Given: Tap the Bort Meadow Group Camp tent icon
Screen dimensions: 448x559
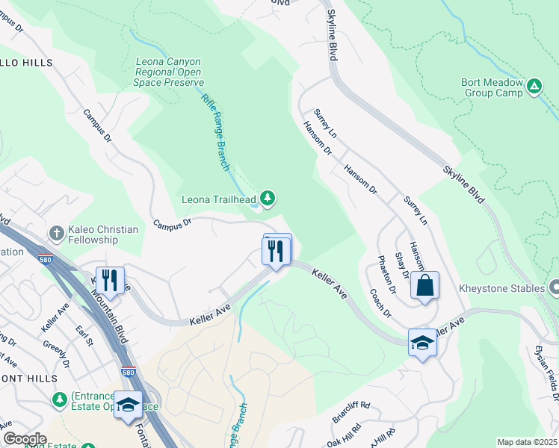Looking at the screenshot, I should click(x=534, y=87).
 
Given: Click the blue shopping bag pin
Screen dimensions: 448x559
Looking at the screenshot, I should click(x=424, y=286).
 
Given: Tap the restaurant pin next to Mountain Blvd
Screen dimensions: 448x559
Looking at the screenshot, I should click(x=110, y=281).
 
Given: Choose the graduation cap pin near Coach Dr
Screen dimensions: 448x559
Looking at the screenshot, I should click(x=422, y=343).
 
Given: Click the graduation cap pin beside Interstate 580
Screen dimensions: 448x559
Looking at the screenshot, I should click(x=129, y=405).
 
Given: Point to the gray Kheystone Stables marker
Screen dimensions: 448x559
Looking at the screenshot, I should click(x=554, y=287).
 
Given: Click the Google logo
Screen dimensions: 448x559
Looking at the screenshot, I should click(x=25, y=439).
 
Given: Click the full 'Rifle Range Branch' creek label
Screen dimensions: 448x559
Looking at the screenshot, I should click(x=214, y=131).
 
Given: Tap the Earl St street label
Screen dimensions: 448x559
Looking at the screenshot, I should click(x=83, y=334).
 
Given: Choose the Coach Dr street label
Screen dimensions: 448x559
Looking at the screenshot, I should click(x=380, y=302).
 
